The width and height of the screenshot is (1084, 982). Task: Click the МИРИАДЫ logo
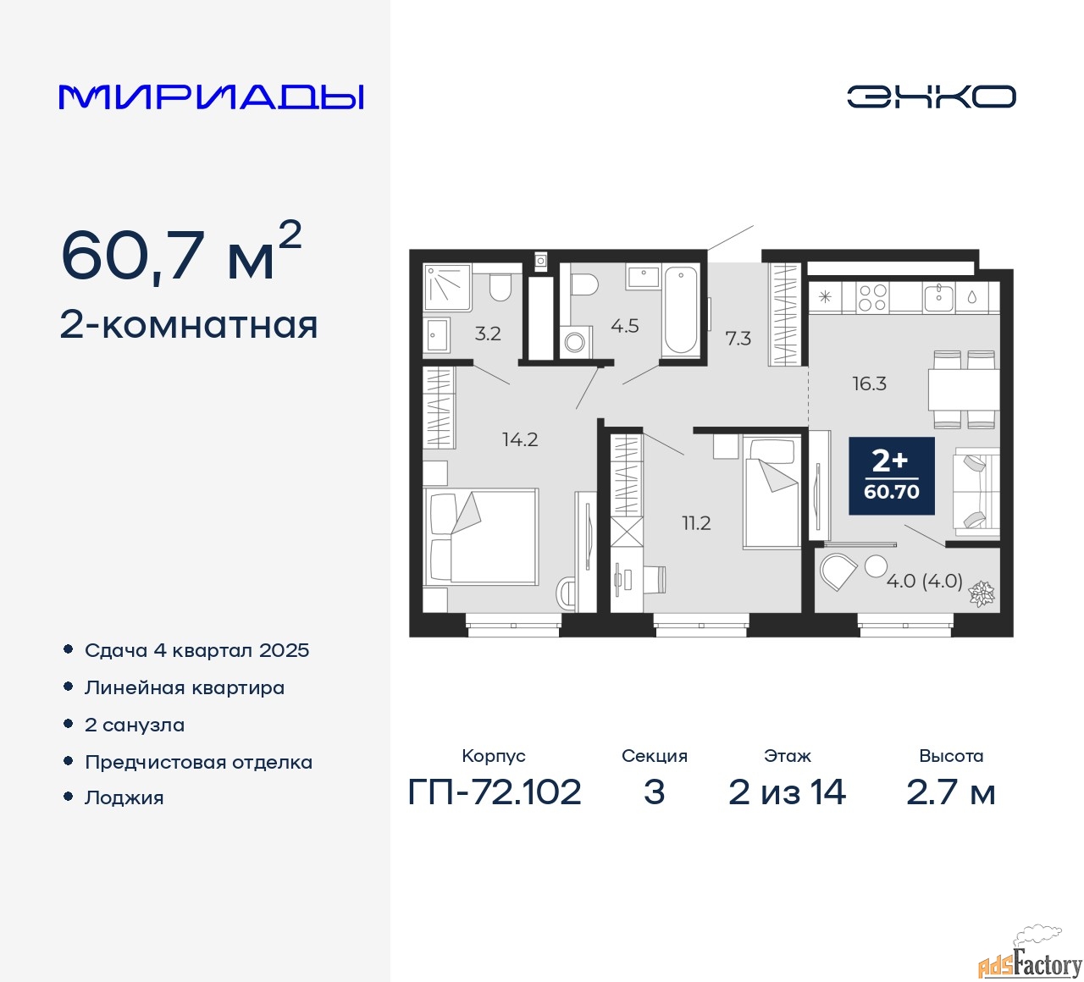point(211,97)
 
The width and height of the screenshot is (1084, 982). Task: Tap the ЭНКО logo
point(931,97)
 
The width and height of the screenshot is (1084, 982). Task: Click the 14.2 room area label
point(520,439)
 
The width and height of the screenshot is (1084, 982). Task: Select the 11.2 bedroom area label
point(696,523)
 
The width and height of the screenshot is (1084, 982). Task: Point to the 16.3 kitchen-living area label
point(870,383)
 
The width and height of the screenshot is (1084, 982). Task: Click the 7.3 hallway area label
point(738,338)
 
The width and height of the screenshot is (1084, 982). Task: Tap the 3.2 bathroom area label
point(488,334)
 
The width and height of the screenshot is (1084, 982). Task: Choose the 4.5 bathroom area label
point(625,326)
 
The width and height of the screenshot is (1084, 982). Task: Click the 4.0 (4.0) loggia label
point(925,581)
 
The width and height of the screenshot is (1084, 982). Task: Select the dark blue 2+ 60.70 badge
point(892,475)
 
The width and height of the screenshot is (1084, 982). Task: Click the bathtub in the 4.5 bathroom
point(680,310)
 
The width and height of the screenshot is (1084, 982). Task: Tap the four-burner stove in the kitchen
point(872,298)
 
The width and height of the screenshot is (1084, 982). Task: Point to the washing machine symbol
point(575,341)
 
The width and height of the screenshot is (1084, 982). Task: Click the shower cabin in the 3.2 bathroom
point(447,287)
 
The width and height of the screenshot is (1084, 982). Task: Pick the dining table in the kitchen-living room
point(963,389)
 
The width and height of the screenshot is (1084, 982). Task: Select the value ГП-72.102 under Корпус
point(495,792)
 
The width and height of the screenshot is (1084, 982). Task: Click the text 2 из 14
point(787,792)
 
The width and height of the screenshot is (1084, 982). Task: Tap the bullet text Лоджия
point(124,797)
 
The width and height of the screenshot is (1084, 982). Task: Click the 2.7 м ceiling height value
point(950,792)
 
